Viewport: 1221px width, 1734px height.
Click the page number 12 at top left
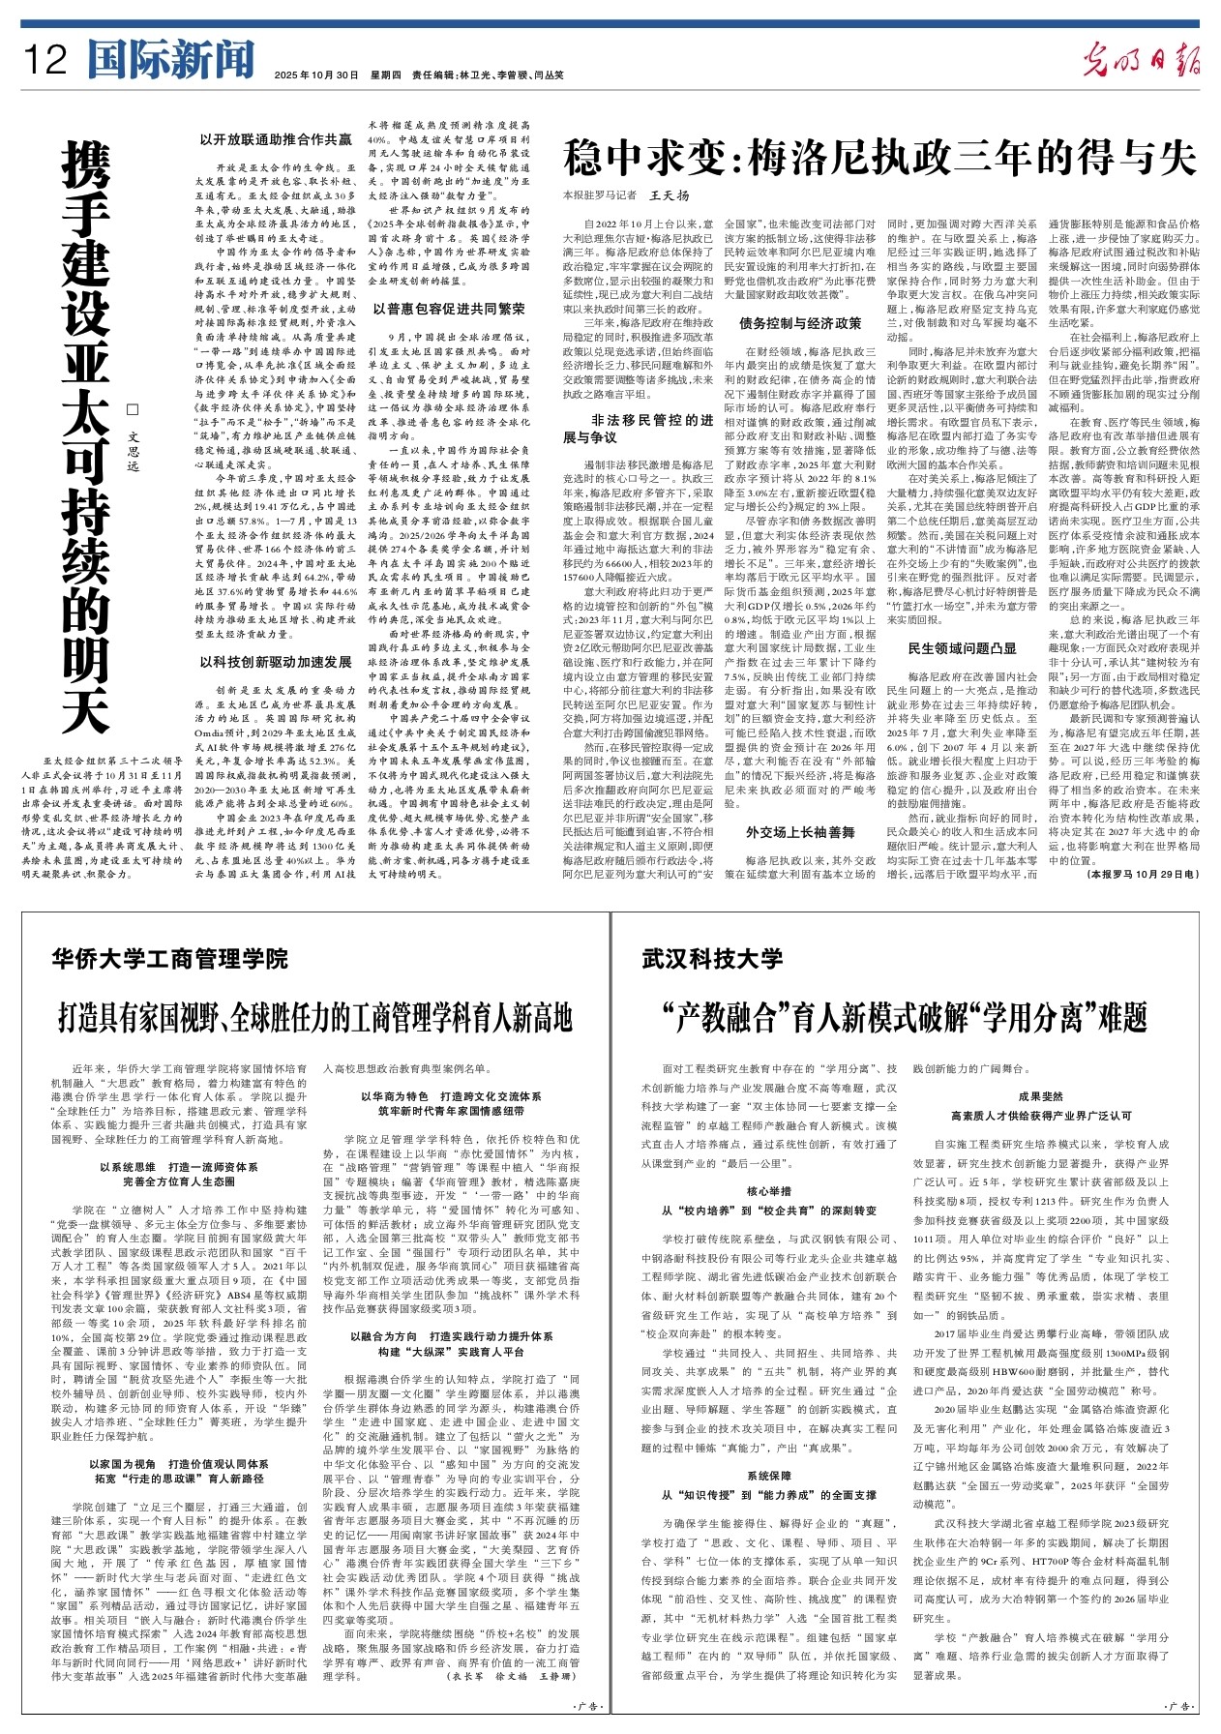(45, 60)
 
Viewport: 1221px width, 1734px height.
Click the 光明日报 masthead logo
(1141, 61)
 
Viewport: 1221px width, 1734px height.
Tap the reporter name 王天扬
(670, 195)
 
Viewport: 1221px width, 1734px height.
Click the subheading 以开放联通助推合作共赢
(276, 140)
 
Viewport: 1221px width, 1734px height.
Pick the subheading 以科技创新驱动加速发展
(276, 662)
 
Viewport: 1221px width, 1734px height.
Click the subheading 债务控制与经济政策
(800, 323)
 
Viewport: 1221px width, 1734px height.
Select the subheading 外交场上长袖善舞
(800, 832)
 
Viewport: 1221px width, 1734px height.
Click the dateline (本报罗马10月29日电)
(1143, 882)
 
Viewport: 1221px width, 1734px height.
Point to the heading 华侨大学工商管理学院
(170, 959)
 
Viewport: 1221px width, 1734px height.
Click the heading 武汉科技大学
(712, 959)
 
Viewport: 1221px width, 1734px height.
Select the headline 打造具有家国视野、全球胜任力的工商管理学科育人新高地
(315, 1018)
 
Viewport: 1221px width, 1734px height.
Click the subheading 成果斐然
(1041, 1096)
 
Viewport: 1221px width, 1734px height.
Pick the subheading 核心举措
(769, 1191)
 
